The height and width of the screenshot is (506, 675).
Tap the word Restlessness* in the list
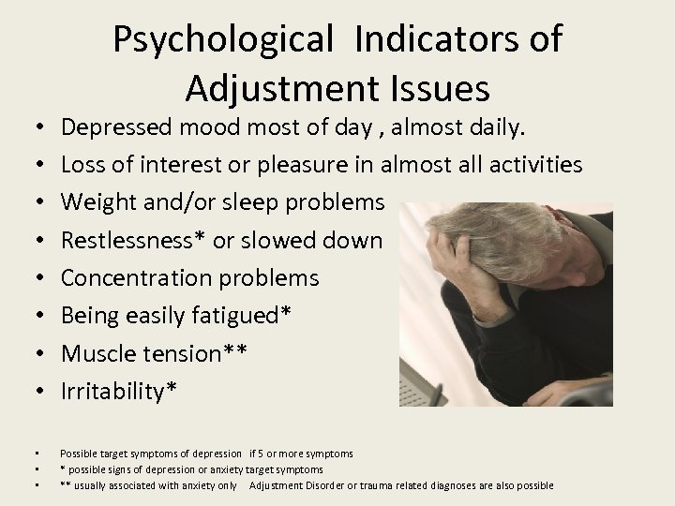point(135,240)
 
